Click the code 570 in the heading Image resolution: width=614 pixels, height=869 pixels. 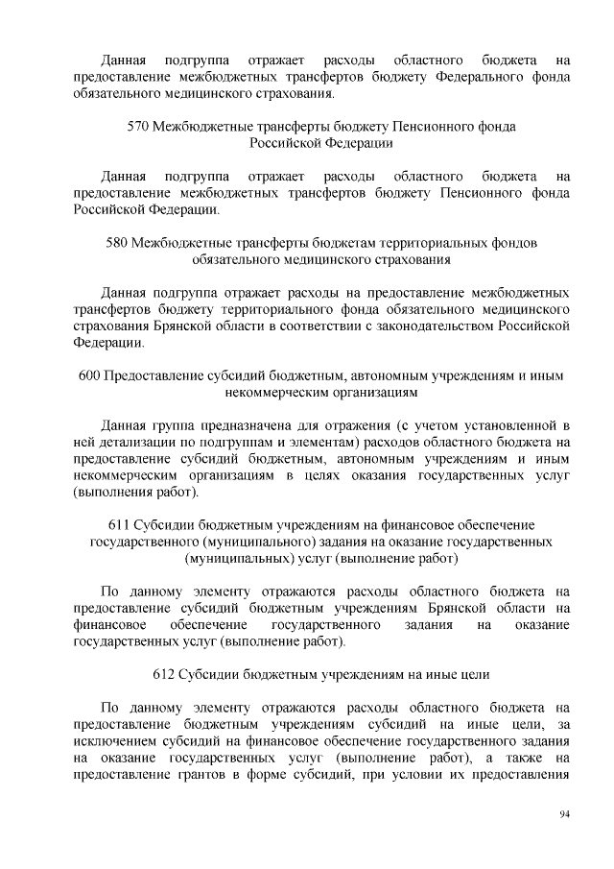(138, 127)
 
